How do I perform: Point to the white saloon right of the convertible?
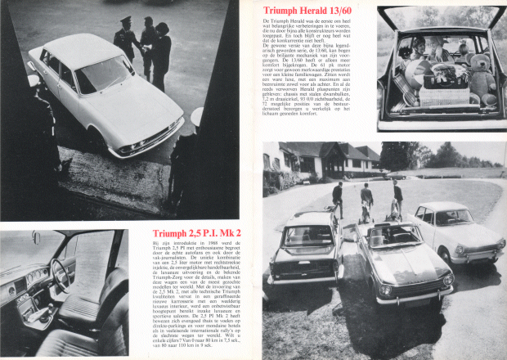[x=457, y=229]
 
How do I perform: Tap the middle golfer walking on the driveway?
[x=367, y=200]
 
